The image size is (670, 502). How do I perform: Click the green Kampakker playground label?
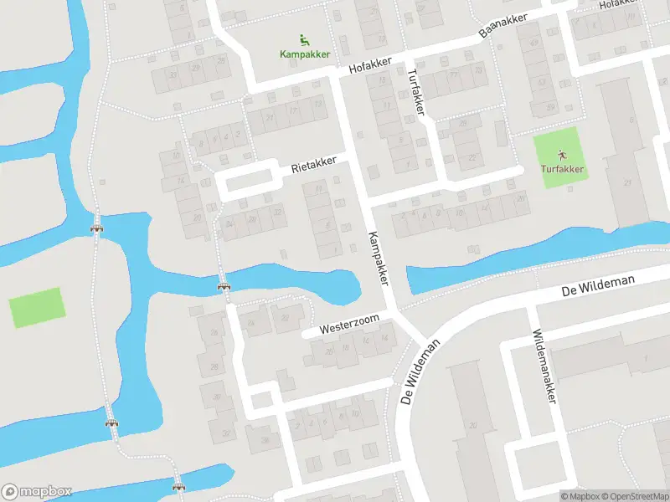(305, 54)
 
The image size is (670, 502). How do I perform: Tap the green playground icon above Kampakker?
(304, 38)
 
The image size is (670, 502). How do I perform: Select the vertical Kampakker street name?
(379, 258)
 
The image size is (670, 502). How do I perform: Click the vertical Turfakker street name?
(415, 92)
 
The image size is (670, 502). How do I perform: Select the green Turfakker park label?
(562, 170)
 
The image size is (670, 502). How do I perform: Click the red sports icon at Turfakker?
(562, 155)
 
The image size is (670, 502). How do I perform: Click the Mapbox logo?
(37, 492)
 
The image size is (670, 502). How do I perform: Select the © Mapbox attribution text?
(580, 496)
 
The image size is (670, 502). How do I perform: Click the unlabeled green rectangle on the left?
(37, 307)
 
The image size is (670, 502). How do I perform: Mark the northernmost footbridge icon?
(97, 227)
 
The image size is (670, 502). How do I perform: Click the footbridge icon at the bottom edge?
(178, 484)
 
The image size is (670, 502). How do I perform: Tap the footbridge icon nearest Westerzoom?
(224, 287)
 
